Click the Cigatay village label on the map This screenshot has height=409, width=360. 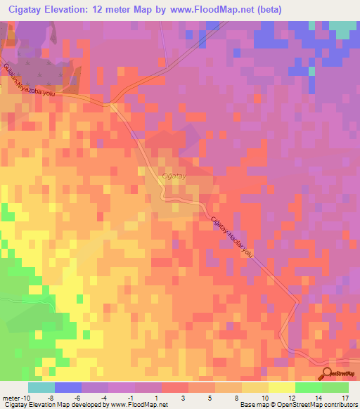click(x=173, y=176)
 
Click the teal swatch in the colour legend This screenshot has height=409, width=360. click(x=41, y=387)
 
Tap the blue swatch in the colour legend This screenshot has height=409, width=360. click(x=67, y=387)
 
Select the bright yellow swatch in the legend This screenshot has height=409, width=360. click(x=281, y=387)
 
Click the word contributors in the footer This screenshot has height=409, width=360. click(x=337, y=405)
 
